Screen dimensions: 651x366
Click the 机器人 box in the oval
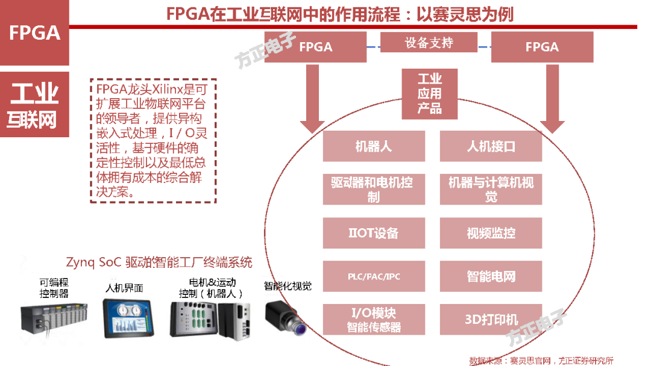[374, 146]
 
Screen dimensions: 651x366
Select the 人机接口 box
[491, 146]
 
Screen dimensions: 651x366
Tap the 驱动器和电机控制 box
[374, 189]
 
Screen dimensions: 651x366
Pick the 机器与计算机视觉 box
[491, 189]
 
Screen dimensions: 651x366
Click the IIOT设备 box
[374, 233]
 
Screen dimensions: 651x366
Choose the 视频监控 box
[491, 233]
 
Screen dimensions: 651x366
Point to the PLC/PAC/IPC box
[374, 277]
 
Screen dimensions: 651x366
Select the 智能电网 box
[491, 277]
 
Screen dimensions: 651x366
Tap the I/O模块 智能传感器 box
[374, 320]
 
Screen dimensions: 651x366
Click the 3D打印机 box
[491, 320]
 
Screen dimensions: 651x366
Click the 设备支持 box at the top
[429, 43]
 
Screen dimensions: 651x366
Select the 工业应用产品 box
[430, 94]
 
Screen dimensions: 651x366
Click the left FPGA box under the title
[316, 47]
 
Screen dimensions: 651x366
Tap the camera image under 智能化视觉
[287, 315]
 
